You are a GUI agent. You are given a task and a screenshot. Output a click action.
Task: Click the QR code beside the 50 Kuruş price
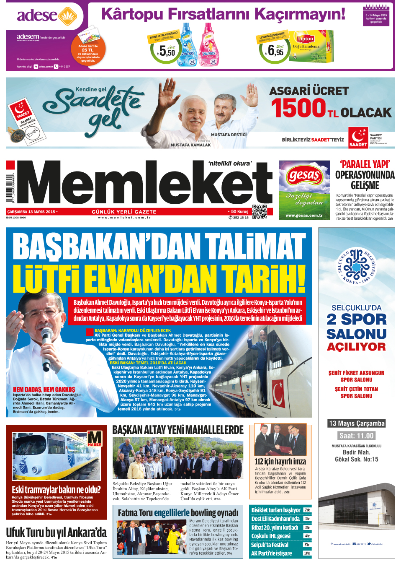pyautogui.click(x=260, y=212)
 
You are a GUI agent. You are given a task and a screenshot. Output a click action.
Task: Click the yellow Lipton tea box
pyautogui.click(x=312, y=47)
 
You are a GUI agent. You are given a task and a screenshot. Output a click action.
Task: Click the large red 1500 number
pyautogui.click(x=298, y=108)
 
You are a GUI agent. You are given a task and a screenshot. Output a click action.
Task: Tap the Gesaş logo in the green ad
pyautogui.click(x=304, y=175)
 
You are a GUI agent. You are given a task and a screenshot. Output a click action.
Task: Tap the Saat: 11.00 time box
pyautogui.click(x=356, y=436)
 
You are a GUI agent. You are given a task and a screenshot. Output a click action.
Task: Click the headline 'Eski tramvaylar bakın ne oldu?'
pyautogui.click(x=56, y=489)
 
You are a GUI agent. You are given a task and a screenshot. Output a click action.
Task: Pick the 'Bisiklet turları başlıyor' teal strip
pyautogui.click(x=280, y=510)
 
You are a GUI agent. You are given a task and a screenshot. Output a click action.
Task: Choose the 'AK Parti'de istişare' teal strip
pyautogui.click(x=280, y=553)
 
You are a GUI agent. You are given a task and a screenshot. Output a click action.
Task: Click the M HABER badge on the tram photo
pyautogui.click(x=94, y=439)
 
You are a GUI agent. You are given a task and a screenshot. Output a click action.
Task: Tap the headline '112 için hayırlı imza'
pyautogui.click(x=280, y=461)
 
